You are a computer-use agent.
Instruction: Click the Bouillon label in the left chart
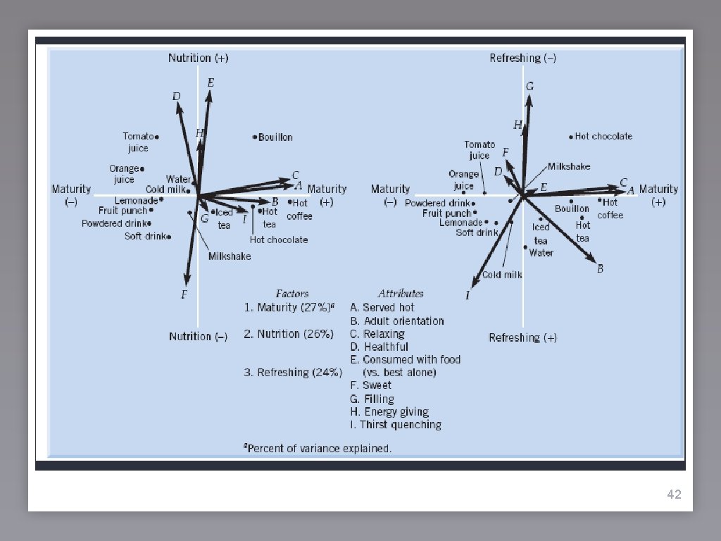click(x=275, y=137)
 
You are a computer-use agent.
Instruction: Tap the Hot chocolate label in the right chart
click(x=603, y=137)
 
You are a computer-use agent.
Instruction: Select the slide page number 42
click(x=674, y=495)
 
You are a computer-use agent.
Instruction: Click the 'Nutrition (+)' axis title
click(x=198, y=58)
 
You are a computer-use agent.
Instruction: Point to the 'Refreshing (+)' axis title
click(x=522, y=338)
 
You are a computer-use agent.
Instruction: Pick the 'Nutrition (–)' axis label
click(x=198, y=337)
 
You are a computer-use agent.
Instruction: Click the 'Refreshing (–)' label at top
click(x=522, y=58)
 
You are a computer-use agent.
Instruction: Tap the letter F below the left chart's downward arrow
click(x=184, y=294)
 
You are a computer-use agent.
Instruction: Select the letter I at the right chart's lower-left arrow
click(x=467, y=295)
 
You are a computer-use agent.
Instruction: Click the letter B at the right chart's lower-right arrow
click(x=600, y=268)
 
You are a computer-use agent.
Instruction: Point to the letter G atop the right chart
click(x=529, y=86)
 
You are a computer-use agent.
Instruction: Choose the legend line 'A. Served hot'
click(x=382, y=308)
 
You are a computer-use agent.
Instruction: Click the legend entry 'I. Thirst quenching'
click(x=395, y=425)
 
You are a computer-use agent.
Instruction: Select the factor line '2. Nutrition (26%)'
click(x=288, y=334)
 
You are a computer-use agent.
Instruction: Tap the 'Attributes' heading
click(x=400, y=293)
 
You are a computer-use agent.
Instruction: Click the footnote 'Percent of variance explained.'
click(x=318, y=448)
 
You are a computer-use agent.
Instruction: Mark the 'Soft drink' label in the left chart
click(x=146, y=236)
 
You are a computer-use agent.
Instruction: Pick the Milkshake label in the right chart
click(x=569, y=167)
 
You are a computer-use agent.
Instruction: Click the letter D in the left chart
click(x=177, y=96)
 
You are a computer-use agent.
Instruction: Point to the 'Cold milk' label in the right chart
click(x=502, y=275)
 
